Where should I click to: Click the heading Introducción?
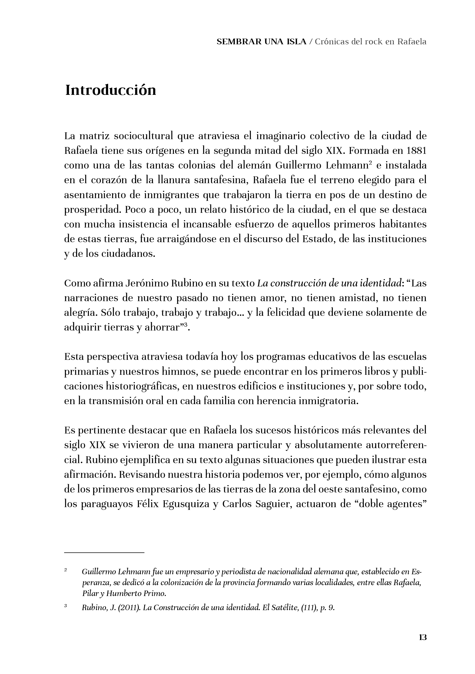point(110,90)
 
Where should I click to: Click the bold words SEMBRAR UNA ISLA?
point(261,42)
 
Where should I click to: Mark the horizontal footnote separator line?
point(104,553)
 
